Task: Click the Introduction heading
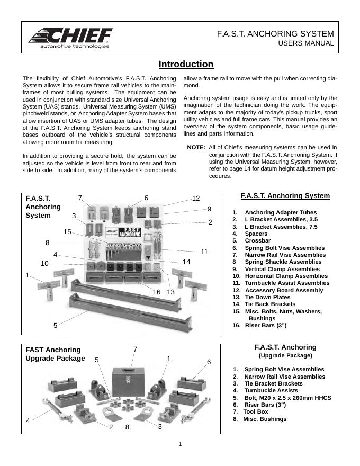click(x=186, y=65)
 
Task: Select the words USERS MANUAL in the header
click(x=306, y=43)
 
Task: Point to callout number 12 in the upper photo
click(x=196, y=198)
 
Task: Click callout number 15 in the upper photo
click(x=67, y=231)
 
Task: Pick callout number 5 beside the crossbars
click(x=55, y=325)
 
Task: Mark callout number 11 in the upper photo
click(x=204, y=252)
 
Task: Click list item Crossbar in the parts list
click(x=257, y=240)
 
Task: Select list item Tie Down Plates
click(x=267, y=297)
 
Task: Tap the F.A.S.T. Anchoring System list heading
click(x=285, y=196)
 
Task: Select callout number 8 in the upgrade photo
click(x=128, y=427)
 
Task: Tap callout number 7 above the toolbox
click(x=135, y=349)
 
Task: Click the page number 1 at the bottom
click(x=180, y=444)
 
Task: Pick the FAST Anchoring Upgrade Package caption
click(x=55, y=354)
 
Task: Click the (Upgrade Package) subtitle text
click(x=285, y=355)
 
